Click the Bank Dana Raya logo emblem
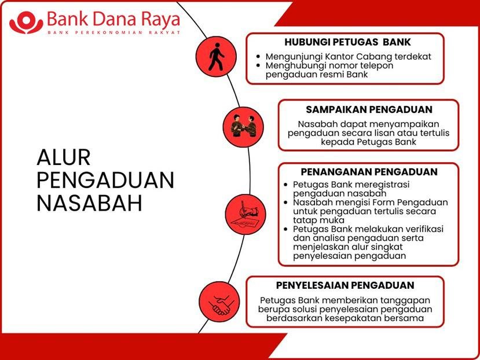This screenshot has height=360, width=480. pyautogui.click(x=26, y=23)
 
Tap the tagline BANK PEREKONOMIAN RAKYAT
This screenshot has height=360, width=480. pyautogui.click(x=113, y=32)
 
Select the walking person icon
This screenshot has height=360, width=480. pyautogui.click(x=216, y=57)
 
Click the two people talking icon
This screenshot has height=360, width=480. pyautogui.click(x=243, y=126)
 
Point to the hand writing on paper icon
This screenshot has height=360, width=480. pyautogui.click(x=245, y=214)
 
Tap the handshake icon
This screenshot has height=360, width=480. pyautogui.click(x=221, y=305)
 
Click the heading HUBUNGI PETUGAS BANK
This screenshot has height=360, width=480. pyautogui.click(x=348, y=42)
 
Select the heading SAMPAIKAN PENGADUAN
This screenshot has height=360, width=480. pyautogui.click(x=369, y=109)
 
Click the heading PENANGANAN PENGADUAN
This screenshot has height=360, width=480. pyautogui.click(x=369, y=172)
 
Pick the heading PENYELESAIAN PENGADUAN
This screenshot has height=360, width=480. pyautogui.click(x=345, y=285)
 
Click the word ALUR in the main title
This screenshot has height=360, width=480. pyautogui.click(x=64, y=157)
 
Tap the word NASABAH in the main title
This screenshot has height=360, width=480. pyautogui.click(x=89, y=203)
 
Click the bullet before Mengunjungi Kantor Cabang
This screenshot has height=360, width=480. pyautogui.click(x=259, y=57)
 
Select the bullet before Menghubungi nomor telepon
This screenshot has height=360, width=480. pyautogui.click(x=259, y=65)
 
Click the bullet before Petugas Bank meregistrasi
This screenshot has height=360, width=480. pyautogui.click(x=286, y=185)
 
